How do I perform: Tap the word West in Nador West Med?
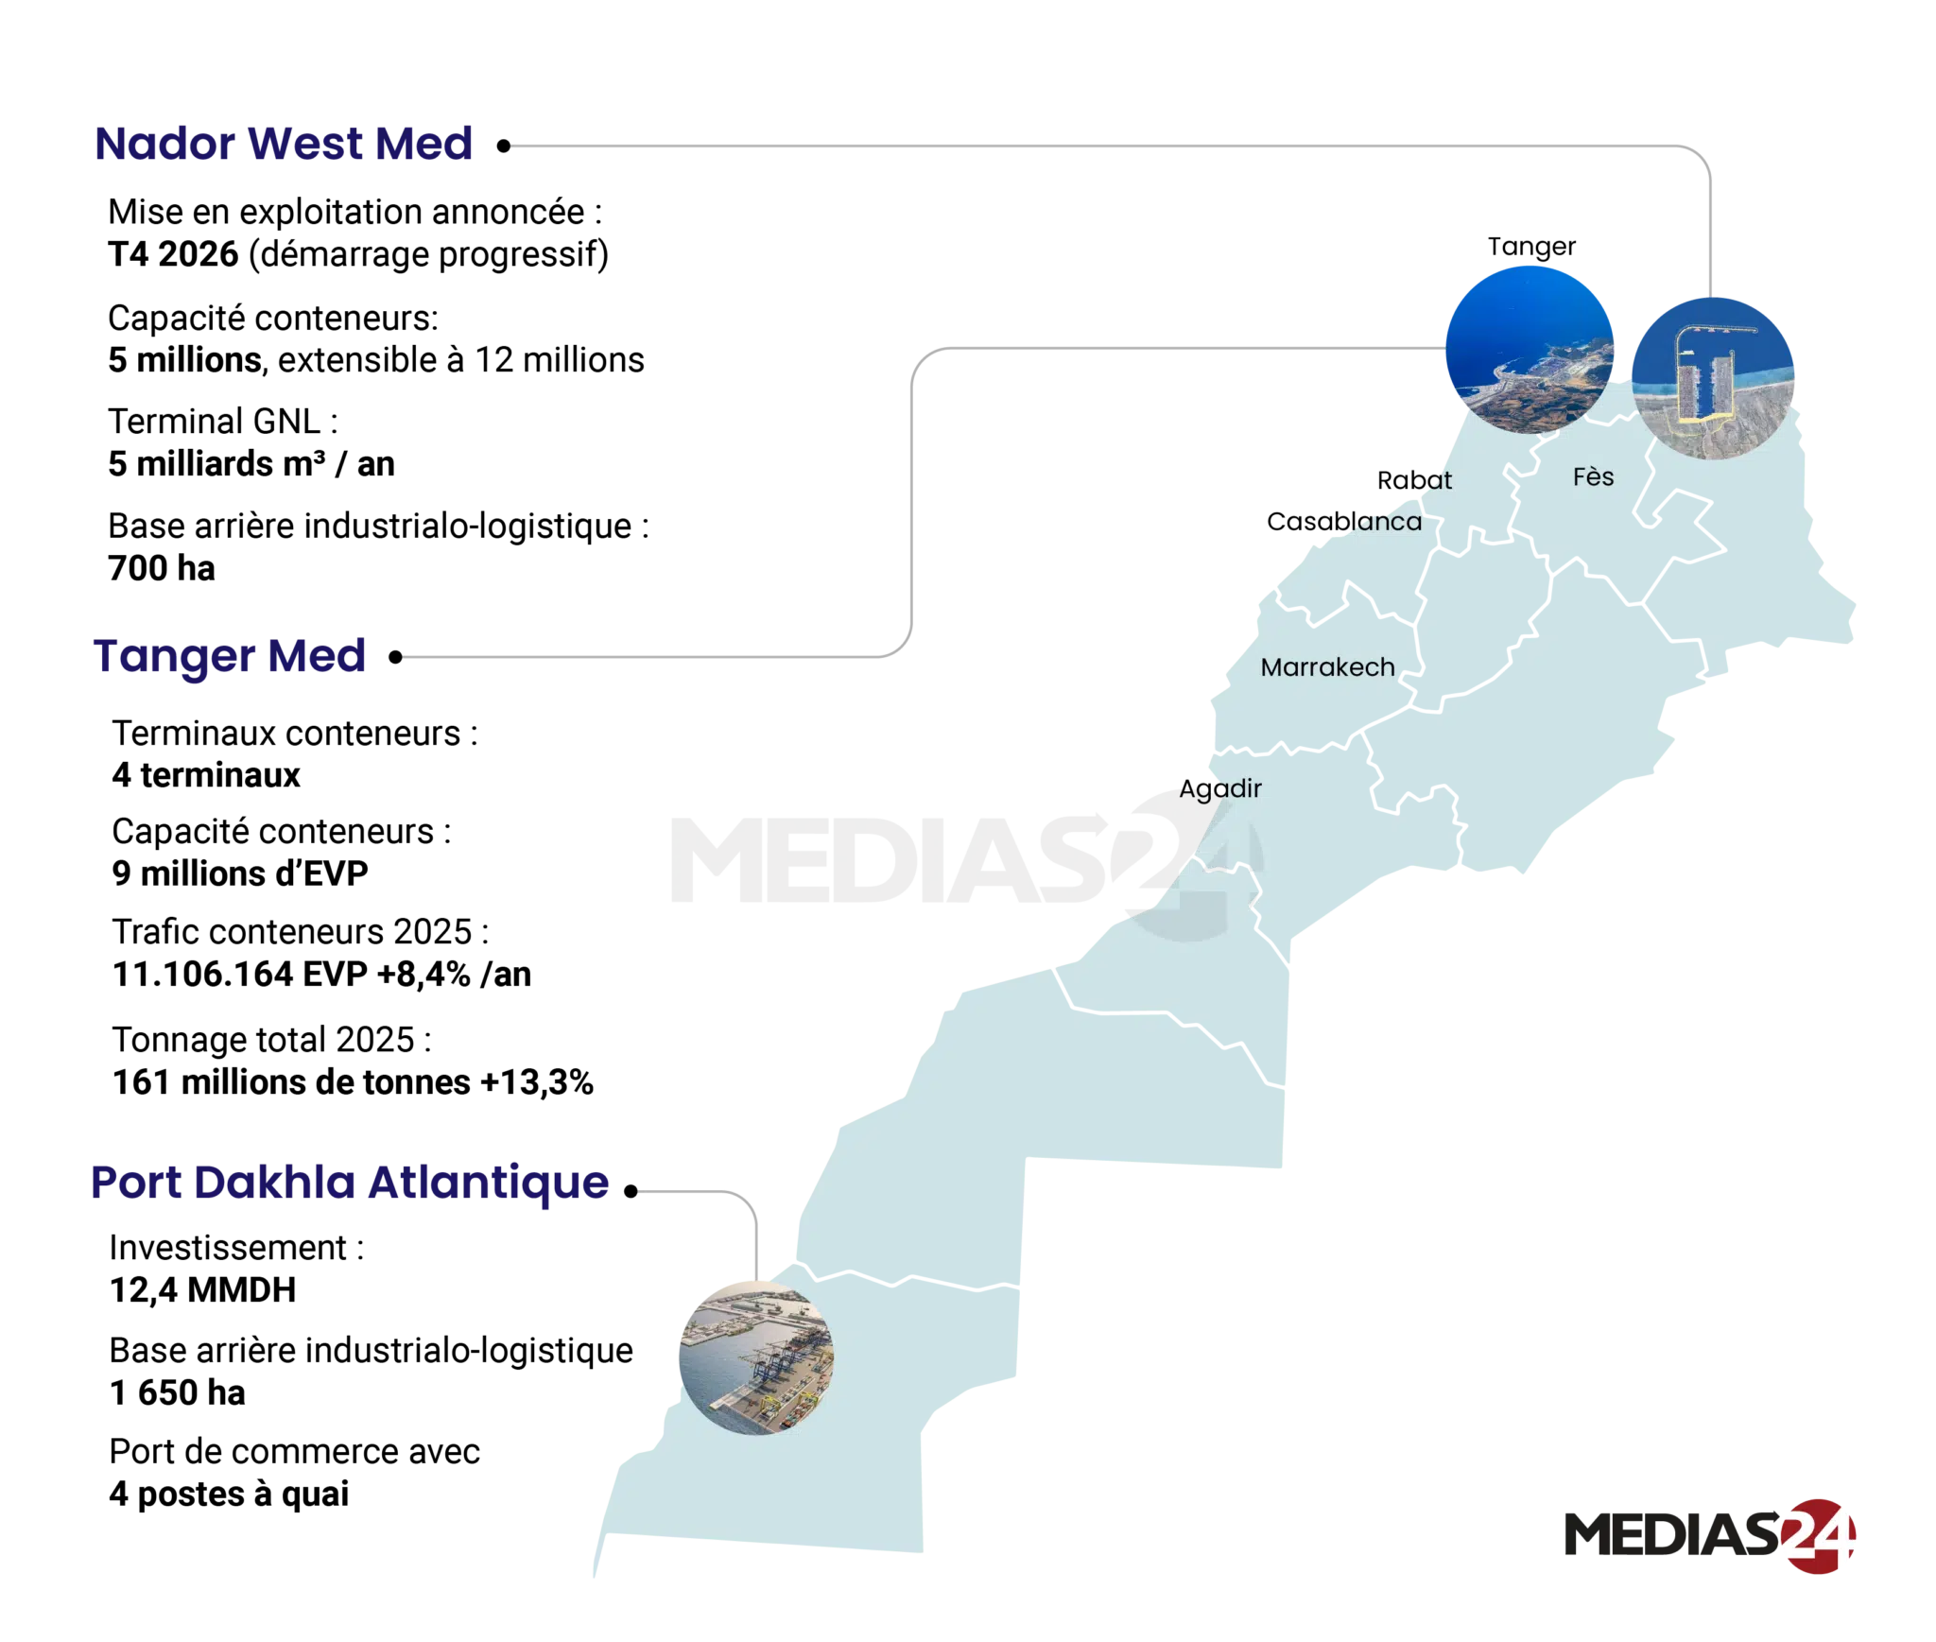[299, 145]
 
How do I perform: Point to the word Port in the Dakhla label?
[133, 1183]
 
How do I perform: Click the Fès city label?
[1593, 477]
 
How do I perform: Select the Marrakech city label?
[1327, 667]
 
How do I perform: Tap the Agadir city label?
[1221, 788]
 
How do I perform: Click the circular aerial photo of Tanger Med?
[1529, 349]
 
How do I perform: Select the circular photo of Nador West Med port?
[1714, 377]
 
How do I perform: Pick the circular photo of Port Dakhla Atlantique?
[755, 1357]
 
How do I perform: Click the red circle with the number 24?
[1816, 1535]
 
